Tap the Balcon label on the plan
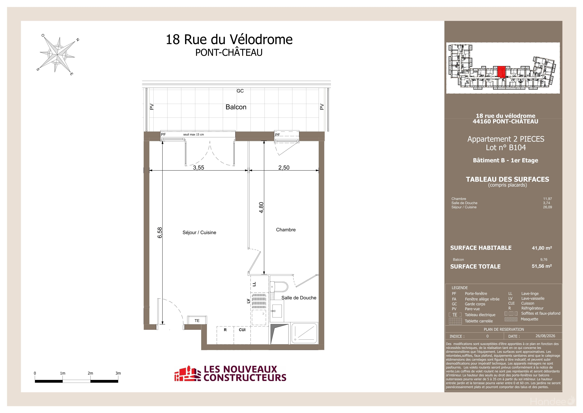pyautogui.click(x=236, y=107)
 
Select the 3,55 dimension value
pyautogui.click(x=199, y=168)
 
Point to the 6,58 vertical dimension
pyautogui.click(x=160, y=233)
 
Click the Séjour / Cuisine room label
pyautogui.click(x=199, y=233)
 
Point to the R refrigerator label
pyautogui.click(x=225, y=330)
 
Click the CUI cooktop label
pyautogui.click(x=242, y=330)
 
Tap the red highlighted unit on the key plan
pyautogui.click(x=501, y=72)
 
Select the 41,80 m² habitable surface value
pyautogui.click(x=542, y=248)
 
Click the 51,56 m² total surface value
pyautogui.click(x=542, y=266)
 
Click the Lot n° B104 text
pyautogui.click(x=506, y=148)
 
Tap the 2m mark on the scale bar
pyautogui.click(x=90, y=373)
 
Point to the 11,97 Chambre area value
pyautogui.click(x=547, y=199)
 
